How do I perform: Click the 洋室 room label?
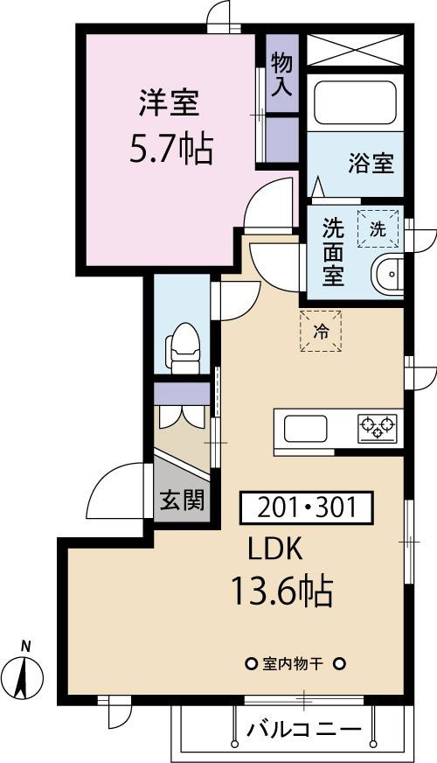(169, 103)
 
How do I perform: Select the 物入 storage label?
(281, 73)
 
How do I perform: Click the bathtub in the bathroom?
(354, 104)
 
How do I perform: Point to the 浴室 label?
(371, 163)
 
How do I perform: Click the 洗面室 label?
(332, 251)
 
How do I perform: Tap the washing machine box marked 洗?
(378, 230)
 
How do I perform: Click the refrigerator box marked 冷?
(321, 331)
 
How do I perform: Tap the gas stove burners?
(377, 428)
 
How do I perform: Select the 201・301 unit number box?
(306, 507)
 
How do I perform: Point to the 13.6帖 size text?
(281, 592)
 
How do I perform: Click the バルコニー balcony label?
(303, 728)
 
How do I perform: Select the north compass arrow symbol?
(26, 675)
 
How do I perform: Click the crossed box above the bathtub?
(354, 50)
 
